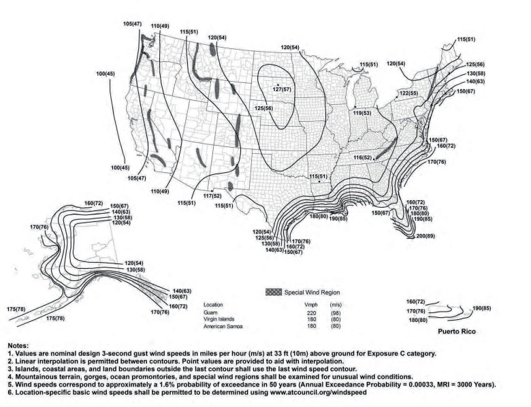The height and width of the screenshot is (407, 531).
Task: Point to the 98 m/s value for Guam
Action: pyautogui.click(x=336, y=312)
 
